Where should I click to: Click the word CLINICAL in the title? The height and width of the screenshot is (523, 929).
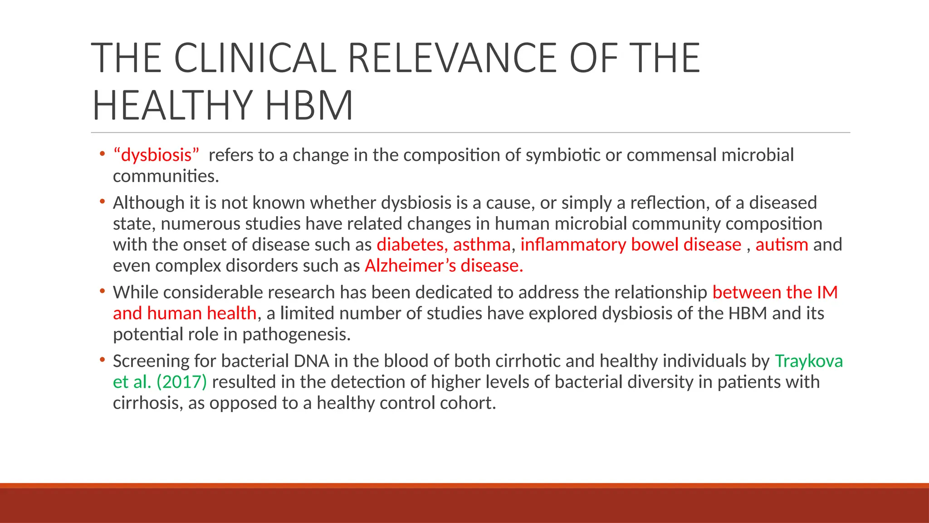(255, 58)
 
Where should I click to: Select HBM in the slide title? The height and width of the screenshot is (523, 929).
(309, 105)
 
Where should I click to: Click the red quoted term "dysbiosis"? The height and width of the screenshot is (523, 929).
(156, 155)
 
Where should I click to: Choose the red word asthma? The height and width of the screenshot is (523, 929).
(482, 245)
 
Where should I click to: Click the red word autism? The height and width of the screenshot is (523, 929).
(782, 245)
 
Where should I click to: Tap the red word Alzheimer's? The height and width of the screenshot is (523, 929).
(410, 266)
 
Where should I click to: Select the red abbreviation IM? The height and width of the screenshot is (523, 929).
(827, 292)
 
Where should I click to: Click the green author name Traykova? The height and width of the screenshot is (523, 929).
(809, 361)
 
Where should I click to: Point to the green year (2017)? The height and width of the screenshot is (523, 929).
(181, 382)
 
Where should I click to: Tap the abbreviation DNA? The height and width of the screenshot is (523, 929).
(311, 361)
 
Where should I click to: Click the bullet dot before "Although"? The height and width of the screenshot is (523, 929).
(103, 201)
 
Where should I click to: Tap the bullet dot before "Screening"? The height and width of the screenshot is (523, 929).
(103, 360)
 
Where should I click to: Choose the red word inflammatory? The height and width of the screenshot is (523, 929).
(573, 245)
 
